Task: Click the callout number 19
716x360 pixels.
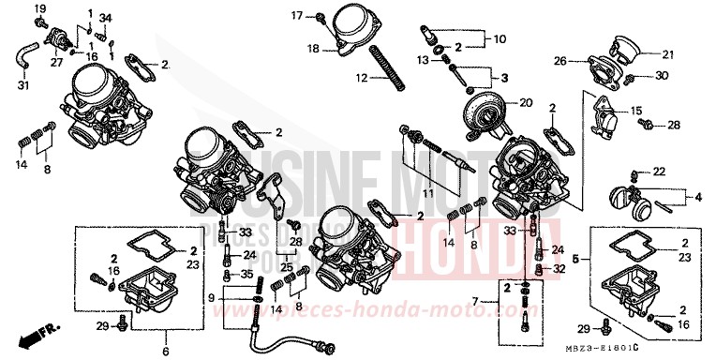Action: click(x=39, y=9)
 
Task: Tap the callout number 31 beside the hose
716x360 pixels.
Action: click(x=23, y=87)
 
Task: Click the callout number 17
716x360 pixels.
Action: click(x=297, y=15)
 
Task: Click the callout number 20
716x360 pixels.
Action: click(x=525, y=101)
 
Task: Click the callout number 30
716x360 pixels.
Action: click(x=662, y=76)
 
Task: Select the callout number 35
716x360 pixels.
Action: click(x=247, y=274)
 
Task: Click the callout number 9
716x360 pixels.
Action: click(x=213, y=298)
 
